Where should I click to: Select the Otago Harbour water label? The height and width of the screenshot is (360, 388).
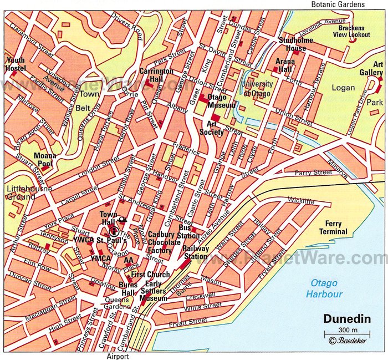coord(326,288)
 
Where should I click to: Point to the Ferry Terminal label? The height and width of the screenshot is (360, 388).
coord(333,227)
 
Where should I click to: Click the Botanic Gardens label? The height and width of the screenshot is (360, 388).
coord(338,4)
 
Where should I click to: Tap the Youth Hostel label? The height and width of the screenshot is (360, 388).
coord(16,64)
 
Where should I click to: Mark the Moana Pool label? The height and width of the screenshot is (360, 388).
coord(45,160)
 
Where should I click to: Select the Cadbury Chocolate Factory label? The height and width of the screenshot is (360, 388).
coord(164,242)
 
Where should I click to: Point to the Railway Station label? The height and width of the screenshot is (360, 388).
coord(196,252)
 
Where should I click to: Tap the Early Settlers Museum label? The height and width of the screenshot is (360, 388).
coord(152,295)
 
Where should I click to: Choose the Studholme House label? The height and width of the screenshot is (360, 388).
coord(296,44)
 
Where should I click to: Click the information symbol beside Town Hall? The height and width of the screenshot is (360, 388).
coord(114,231)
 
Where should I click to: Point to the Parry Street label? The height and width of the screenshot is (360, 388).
coord(313,173)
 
